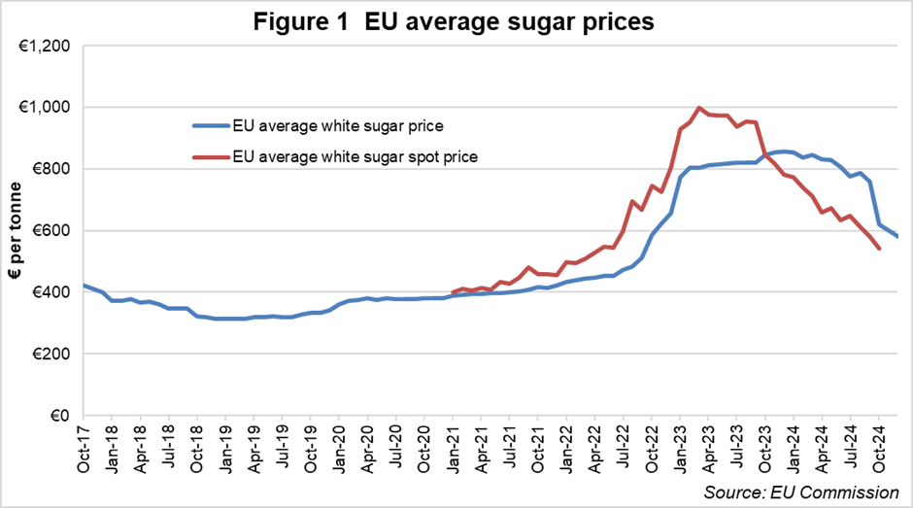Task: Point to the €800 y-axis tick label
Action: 54,169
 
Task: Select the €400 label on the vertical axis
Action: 54,292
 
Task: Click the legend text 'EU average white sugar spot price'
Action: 355,156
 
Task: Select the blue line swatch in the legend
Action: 209,124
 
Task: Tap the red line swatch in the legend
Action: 209,156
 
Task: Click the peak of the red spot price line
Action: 698,108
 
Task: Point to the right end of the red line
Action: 878,249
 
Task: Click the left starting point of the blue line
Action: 84,286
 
